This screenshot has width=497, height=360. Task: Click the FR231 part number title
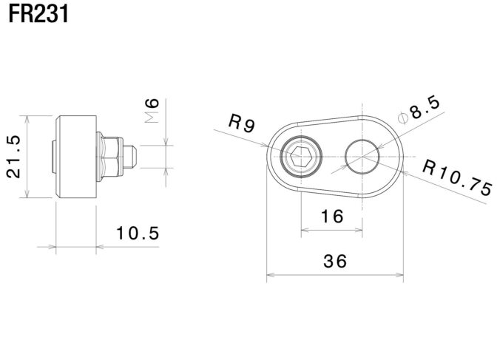39,15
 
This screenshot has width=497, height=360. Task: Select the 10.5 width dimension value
138,234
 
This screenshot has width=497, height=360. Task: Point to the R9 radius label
242,123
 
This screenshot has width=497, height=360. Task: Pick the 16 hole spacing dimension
333,217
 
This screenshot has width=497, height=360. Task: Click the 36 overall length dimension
334,260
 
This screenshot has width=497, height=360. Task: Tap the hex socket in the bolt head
300,157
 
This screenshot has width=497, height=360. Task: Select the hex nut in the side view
110,156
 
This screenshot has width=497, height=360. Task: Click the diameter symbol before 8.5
402,118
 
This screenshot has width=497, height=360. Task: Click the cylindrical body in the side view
77,156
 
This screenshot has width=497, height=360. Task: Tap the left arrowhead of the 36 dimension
268,276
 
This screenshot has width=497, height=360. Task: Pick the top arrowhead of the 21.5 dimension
27,118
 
